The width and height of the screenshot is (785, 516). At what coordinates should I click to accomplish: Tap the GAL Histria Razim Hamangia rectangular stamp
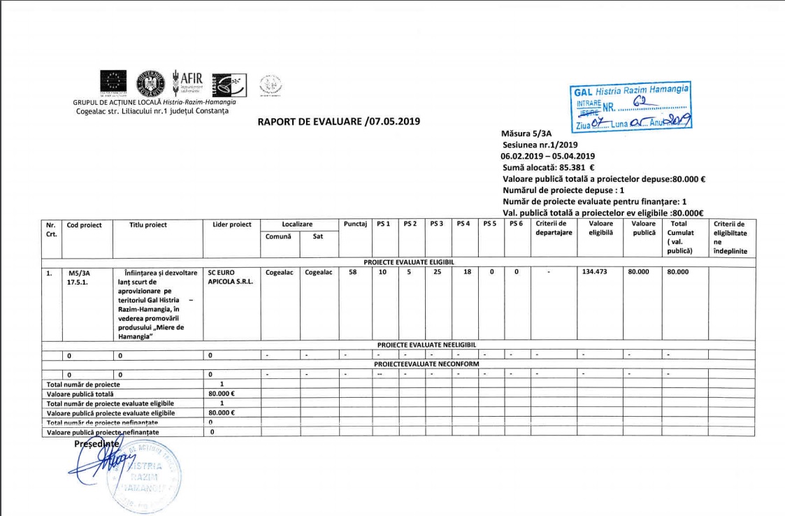coord(631,107)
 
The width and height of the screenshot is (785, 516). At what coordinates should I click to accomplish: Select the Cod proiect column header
coord(85,225)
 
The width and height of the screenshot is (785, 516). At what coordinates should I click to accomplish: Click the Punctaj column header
coord(356,224)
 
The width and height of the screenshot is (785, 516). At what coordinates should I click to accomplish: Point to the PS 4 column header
coord(463,224)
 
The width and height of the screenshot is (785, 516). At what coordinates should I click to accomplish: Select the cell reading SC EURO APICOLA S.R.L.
coord(229,278)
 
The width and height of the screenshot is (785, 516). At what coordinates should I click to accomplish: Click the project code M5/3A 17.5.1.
coord(79,278)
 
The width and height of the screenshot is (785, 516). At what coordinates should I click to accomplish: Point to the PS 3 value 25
coord(437,273)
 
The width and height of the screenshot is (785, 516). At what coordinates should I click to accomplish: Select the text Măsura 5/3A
coord(526,133)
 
